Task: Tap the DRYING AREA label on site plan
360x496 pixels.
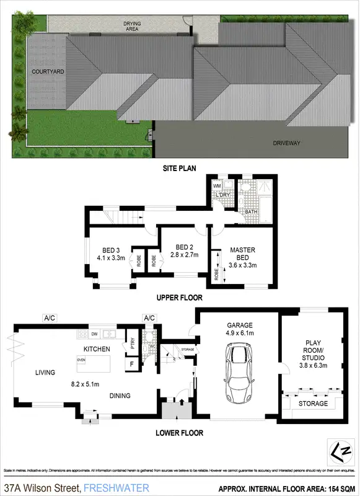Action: [x=131, y=26]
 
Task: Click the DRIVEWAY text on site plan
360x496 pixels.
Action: [x=286, y=143]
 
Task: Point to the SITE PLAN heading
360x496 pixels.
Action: [x=180, y=168]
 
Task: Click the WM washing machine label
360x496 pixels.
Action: [x=217, y=185]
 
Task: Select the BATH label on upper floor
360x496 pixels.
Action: [x=251, y=212]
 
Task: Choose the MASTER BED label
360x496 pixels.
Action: [x=242, y=254]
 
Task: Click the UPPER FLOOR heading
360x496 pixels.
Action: [x=180, y=298]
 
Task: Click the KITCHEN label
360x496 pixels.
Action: [x=97, y=350]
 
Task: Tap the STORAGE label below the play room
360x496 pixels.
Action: [x=313, y=404]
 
